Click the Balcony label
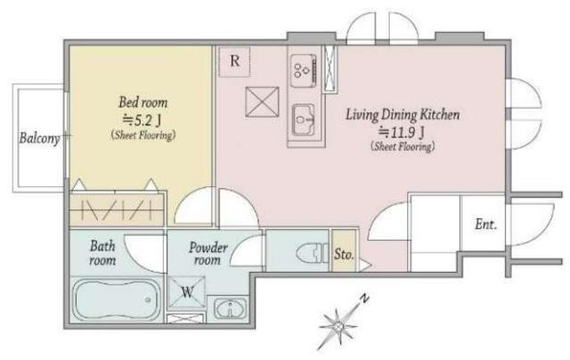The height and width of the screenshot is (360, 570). coord(39,138)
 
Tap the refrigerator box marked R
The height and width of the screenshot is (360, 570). coord(234,61)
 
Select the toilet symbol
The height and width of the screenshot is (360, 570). coord(312,252)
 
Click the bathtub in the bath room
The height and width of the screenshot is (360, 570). coord(118,299)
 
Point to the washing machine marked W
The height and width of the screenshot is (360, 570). coord(186,292)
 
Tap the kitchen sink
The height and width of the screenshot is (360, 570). coord(304,119)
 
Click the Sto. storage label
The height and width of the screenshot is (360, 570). coord(344,254)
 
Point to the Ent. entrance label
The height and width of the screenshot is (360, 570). coord(485,224)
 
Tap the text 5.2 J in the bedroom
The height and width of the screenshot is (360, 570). coord(142,119)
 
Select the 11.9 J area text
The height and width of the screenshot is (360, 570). coord(402,133)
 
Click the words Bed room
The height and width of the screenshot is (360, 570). coord(143,102)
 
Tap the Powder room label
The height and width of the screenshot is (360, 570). coord(208,254)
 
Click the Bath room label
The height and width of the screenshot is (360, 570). coord(102,253)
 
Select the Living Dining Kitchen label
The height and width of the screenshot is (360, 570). coord(403,115)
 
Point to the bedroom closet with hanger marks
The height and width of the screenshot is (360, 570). coord(117,210)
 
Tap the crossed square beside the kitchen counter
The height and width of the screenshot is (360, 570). coord(263,102)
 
